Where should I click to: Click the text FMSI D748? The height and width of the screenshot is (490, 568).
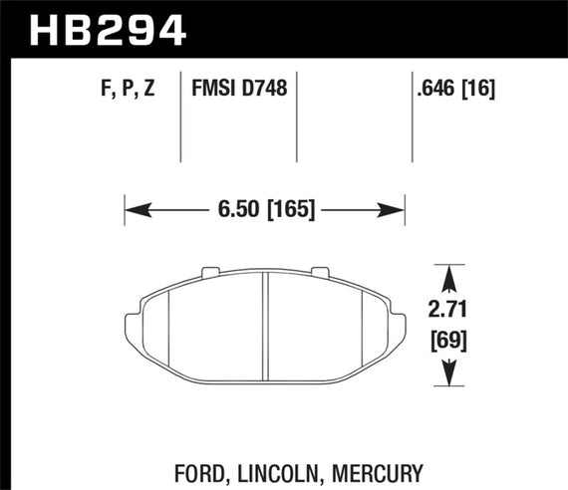tap(238, 89)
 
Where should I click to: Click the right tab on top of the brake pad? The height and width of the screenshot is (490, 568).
tap(320, 269)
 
